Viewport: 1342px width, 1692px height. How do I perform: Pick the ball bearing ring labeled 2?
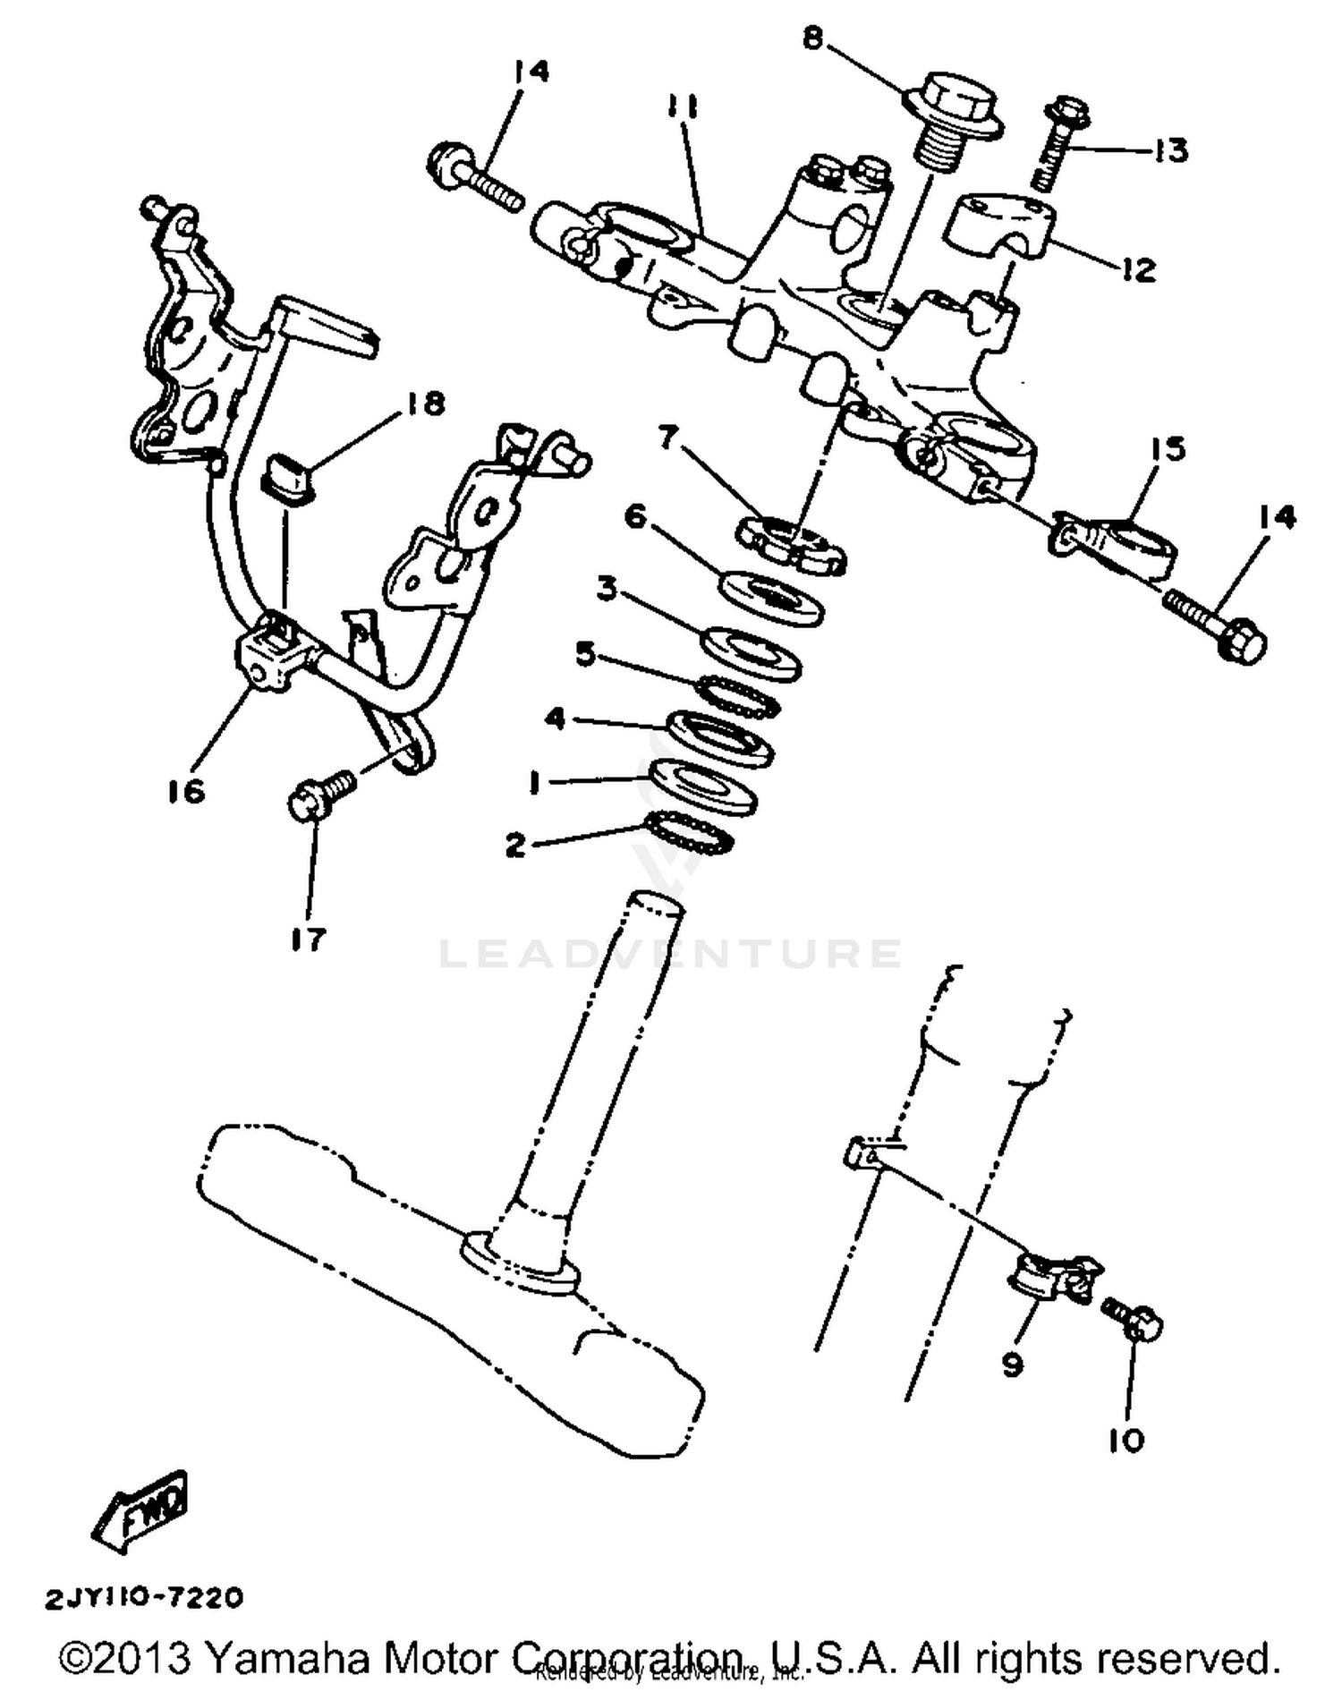pyautogui.click(x=689, y=832)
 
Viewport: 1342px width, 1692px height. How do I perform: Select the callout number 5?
pyautogui.click(x=585, y=654)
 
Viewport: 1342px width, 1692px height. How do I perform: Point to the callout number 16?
pyautogui.click(x=185, y=790)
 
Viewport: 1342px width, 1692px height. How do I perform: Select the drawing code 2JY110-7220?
pyautogui.click(x=143, y=1597)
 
